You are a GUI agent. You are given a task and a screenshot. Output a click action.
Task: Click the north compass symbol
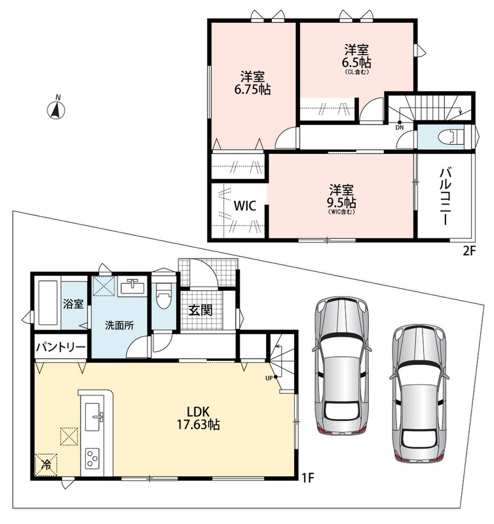(x=58, y=107)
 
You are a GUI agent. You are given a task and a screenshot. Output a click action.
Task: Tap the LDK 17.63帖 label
(x=198, y=417)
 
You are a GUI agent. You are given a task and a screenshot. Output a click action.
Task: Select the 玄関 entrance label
(x=200, y=310)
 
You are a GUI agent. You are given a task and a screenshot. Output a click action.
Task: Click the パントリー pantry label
(x=61, y=347)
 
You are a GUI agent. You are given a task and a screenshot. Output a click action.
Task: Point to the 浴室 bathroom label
(x=73, y=304)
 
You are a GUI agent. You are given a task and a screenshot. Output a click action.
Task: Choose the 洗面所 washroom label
(x=119, y=325)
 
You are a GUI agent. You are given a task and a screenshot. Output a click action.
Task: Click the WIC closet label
(x=244, y=206)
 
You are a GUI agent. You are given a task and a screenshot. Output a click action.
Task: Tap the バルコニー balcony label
(x=444, y=196)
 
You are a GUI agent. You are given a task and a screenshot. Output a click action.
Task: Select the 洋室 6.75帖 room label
(x=253, y=83)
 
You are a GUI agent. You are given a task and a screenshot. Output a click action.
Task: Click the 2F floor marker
(x=468, y=250)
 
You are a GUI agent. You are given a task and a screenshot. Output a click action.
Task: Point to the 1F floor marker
(x=308, y=477)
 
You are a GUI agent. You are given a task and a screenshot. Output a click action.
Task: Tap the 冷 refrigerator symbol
(x=46, y=464)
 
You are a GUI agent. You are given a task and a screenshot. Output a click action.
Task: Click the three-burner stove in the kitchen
(x=92, y=458)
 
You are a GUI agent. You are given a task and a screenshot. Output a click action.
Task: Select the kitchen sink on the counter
(x=93, y=416)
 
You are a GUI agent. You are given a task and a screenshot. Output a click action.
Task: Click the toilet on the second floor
(x=451, y=137)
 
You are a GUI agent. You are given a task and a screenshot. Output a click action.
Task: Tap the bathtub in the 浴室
(x=49, y=303)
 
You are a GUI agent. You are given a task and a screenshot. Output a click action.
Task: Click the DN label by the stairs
(x=400, y=127)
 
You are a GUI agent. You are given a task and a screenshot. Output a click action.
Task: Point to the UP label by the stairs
(x=269, y=379)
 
